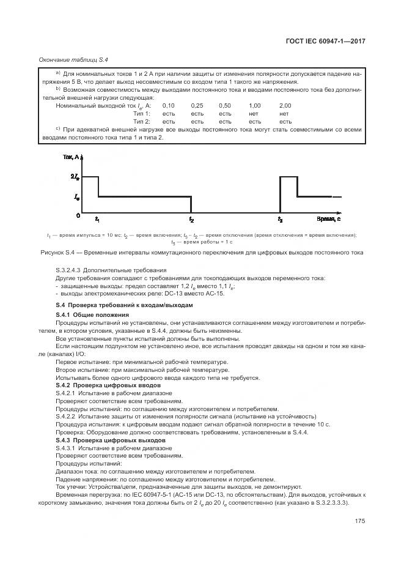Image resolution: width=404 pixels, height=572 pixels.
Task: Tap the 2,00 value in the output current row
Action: pos(285,106)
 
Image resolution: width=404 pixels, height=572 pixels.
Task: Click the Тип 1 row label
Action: pos(141,114)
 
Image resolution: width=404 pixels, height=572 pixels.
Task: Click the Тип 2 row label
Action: pos(141,122)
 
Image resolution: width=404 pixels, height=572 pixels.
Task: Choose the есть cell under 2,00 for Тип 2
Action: pos(285,122)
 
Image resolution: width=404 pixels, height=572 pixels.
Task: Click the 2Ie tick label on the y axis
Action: pos(75,176)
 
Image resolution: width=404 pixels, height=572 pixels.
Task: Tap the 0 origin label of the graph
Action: pos(78,215)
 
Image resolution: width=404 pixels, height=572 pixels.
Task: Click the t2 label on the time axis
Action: pos(191,219)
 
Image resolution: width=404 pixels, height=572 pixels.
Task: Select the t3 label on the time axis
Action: pos(280,219)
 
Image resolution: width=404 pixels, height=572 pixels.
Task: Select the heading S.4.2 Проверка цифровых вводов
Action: pos(108,386)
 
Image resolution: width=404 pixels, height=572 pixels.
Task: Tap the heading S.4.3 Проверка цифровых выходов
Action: pos(110,440)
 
